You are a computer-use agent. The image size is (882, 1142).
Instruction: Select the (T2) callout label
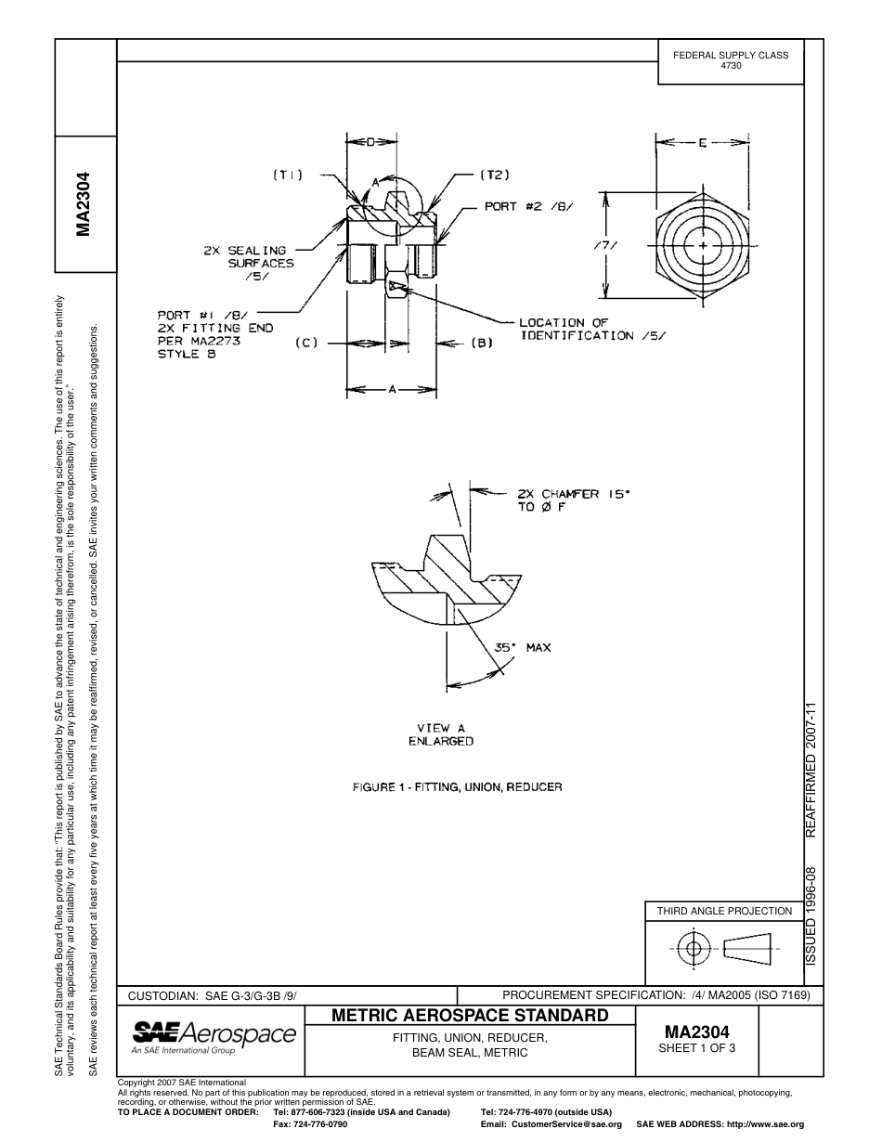[494, 174]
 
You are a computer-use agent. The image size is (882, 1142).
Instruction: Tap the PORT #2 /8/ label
[528, 206]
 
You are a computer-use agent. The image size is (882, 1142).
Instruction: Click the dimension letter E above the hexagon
[703, 143]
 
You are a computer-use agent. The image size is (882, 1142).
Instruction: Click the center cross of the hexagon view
[704, 246]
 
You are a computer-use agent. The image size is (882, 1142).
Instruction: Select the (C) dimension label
[307, 343]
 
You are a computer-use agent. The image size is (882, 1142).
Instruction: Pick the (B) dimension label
[481, 343]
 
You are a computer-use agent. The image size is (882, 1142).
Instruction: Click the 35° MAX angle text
[522, 647]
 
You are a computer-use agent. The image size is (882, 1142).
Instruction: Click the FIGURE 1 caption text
[458, 786]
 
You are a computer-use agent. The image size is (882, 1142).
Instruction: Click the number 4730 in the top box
[731, 67]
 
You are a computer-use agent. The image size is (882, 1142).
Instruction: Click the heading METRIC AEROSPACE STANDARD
[470, 1015]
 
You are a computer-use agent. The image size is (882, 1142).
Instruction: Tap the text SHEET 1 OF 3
[695, 1048]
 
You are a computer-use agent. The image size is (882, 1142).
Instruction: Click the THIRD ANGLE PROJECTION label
[724, 911]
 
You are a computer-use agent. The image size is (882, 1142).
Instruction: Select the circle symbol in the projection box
[693, 948]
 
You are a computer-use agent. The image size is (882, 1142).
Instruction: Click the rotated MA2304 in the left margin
[84, 203]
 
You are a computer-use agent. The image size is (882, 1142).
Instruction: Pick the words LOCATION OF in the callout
[564, 323]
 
